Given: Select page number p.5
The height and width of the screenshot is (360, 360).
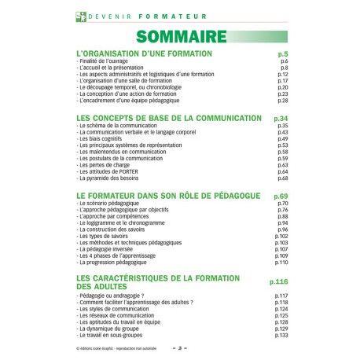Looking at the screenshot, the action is point(283,53).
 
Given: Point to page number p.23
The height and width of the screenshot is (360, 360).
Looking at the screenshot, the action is point(283,94).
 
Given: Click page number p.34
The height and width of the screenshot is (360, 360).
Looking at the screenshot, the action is point(281,118).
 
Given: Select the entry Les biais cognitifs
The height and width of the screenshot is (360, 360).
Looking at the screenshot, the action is point(102,139).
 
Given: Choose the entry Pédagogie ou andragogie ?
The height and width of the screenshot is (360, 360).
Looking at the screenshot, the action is point(115,295).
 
